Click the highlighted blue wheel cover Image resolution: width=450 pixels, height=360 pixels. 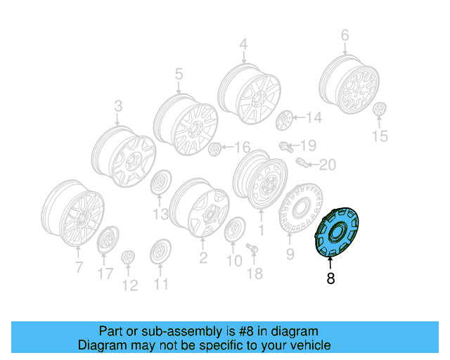(336, 232)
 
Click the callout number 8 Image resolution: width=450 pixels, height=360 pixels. (330, 278)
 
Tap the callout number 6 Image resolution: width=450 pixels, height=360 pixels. (345, 34)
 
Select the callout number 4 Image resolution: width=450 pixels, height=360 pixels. (243, 45)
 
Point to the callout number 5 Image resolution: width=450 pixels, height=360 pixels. (179, 73)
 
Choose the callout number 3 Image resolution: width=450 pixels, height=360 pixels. (117, 106)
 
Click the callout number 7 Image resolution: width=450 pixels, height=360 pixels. (79, 266)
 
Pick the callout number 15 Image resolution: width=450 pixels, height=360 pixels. (380, 136)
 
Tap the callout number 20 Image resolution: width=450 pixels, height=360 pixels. (328, 165)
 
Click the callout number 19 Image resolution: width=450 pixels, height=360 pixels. (309, 146)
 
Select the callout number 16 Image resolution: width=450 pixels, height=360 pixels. (241, 147)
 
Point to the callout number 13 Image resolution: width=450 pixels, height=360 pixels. (160, 213)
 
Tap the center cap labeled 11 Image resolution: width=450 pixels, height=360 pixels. (160, 252)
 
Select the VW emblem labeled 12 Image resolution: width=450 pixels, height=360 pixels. (128, 259)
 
